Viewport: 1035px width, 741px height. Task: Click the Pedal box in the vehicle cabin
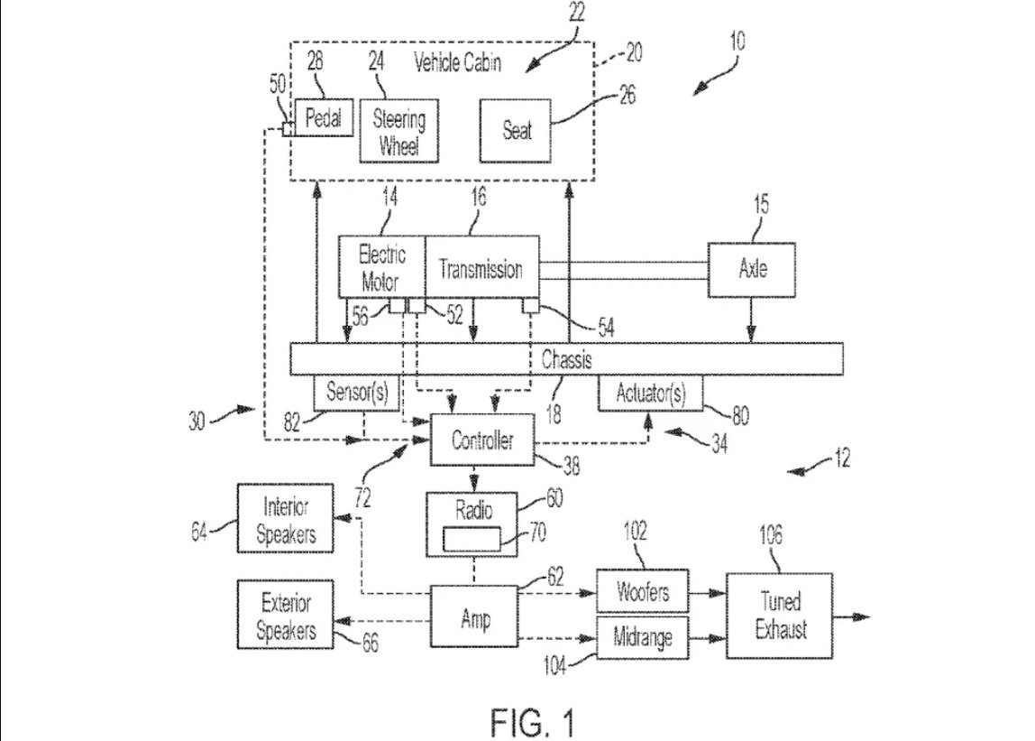(324, 117)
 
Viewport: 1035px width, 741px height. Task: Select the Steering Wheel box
(398, 131)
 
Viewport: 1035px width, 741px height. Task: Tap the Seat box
(515, 131)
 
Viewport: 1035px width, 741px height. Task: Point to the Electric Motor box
(381, 267)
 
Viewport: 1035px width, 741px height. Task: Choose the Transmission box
(481, 267)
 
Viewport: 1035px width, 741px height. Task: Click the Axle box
(751, 270)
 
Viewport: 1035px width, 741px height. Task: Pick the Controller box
(481, 440)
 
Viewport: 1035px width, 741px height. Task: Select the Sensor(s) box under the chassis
(356, 393)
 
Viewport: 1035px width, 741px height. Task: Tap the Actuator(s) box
(650, 394)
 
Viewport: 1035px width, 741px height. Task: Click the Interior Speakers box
(285, 518)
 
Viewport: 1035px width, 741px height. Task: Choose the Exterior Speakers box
(285, 615)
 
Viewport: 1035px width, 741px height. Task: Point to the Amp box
(474, 616)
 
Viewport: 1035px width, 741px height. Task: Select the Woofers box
(642, 591)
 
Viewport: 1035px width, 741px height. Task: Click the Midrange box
(642, 638)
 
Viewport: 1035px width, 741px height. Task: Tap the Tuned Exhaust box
(780, 616)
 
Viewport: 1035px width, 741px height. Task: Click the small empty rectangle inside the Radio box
(472, 539)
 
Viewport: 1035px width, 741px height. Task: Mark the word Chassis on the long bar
(566, 359)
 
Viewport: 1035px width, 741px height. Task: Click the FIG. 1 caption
(533, 722)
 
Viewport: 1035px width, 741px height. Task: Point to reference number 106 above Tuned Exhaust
(770, 534)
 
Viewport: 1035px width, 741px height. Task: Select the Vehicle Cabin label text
(457, 63)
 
